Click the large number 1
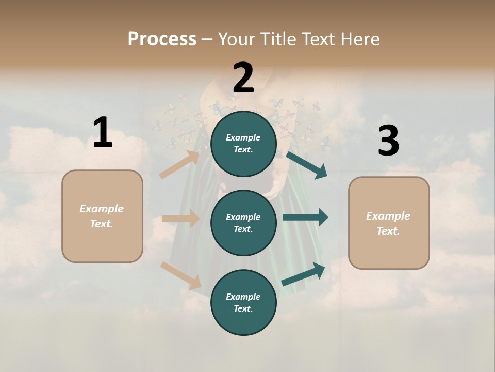103,132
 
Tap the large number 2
243,78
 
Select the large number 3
388,141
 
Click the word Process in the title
162,39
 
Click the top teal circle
243,144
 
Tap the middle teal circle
243,223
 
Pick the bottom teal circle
243,302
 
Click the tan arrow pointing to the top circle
179,165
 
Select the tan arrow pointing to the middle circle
180,219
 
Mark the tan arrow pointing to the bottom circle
181,275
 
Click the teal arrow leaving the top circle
306,164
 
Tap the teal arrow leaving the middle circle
305,217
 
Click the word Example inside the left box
102,209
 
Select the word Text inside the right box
388,231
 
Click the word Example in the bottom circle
243,297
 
